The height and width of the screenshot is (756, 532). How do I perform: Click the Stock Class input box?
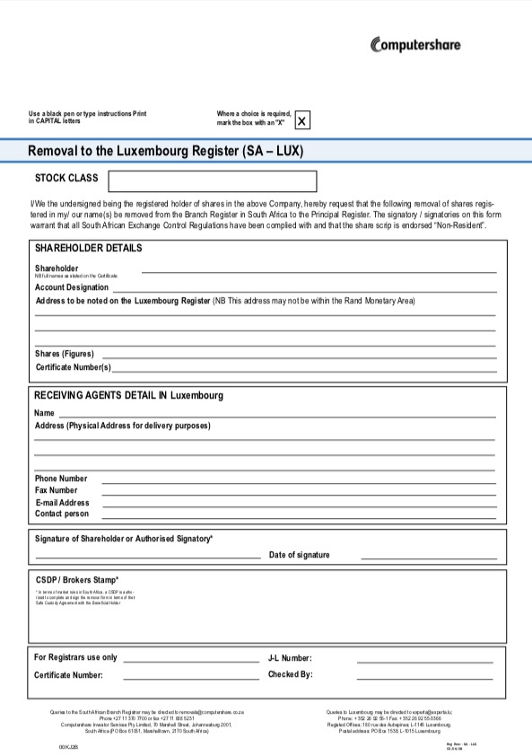[213, 181]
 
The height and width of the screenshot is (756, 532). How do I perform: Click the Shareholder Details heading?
[88, 248]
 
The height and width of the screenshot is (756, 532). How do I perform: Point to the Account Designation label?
[72, 287]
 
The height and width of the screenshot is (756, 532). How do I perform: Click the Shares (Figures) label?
[65, 354]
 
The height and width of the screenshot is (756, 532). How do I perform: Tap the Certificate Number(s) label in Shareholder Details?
[74, 367]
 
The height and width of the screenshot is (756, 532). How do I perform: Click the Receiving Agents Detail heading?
[128, 395]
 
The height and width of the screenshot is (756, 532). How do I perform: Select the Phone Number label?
[61, 479]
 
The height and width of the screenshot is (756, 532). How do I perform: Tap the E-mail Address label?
[62, 503]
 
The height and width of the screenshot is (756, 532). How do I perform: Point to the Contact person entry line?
[298, 518]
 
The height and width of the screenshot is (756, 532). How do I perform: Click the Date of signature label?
[299, 555]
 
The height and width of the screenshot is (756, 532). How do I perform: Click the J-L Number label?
[290, 658]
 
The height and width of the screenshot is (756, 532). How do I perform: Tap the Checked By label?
[290, 674]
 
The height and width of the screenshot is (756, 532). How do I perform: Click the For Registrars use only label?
[75, 657]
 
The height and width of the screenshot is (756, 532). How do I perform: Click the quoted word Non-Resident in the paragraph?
[459, 225]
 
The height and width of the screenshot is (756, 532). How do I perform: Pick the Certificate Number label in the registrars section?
[68, 675]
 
